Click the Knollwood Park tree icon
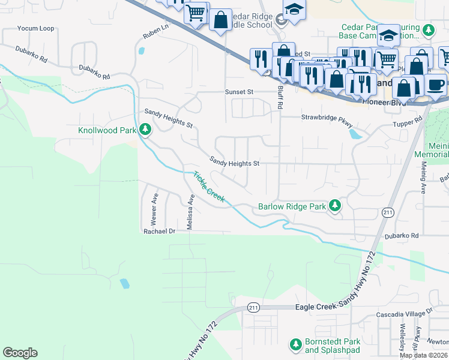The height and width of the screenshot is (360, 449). [145, 129]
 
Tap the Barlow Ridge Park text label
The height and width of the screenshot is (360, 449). [292, 207]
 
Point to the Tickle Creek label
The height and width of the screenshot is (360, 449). [208, 187]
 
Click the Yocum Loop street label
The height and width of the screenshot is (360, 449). [35, 28]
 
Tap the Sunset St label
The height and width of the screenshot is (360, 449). [240, 92]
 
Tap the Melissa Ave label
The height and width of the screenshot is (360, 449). [190, 212]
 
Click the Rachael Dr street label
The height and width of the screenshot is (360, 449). [158, 231]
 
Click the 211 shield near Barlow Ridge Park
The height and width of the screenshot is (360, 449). [388, 213]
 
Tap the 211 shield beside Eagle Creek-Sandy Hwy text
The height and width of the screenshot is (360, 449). [253, 308]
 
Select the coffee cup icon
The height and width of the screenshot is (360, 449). [436, 84]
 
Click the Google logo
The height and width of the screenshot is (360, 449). [20, 353]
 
